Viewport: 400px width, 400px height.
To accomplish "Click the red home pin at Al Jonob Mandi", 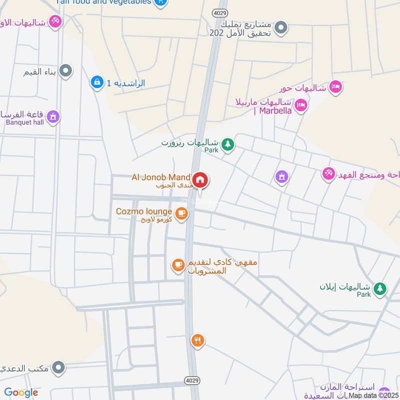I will coord(200,179).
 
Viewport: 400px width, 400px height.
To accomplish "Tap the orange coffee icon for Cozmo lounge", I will coord(181,213).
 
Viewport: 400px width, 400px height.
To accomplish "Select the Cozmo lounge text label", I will coord(144,211).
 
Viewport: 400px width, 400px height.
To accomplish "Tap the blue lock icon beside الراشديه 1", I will coord(96,81).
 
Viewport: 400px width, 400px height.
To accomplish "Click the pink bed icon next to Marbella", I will coord(300,104).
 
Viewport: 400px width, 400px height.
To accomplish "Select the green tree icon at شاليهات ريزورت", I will coord(228,144).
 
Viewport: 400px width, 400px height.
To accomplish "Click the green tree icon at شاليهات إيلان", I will coord(380,288).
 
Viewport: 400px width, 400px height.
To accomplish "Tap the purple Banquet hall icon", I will coord(53,117).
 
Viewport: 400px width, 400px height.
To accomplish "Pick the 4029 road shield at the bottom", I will coord(195,381).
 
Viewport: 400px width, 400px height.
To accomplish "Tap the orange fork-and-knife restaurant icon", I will coord(197,340).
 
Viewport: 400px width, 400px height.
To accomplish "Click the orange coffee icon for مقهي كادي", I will coord(178,265).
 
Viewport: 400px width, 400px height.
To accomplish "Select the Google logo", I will coord(21,393).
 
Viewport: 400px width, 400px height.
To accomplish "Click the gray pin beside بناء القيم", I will coord(65,71).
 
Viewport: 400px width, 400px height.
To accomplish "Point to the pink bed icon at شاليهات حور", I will coord(335,87).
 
